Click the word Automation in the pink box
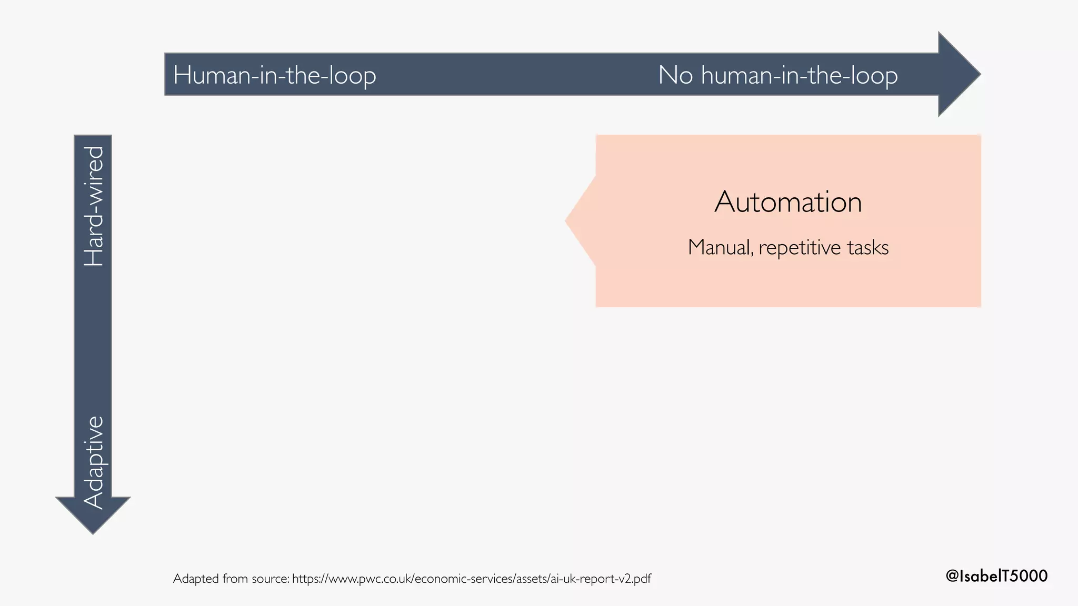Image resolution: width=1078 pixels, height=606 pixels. (788, 202)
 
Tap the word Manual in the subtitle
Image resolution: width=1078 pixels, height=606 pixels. (719, 247)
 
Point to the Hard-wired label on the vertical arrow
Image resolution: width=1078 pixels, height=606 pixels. (94, 206)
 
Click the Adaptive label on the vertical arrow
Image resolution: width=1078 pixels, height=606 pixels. (94, 462)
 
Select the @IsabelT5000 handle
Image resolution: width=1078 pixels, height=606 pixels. (996, 575)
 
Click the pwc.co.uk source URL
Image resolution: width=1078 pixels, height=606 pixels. (471, 579)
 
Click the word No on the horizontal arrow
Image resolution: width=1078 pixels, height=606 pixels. (675, 75)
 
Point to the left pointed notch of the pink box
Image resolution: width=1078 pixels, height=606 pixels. (576, 221)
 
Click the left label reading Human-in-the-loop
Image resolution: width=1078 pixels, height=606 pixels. (274, 75)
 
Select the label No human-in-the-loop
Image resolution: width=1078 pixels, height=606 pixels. (777, 75)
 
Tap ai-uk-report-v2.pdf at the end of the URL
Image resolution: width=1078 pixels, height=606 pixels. (600, 579)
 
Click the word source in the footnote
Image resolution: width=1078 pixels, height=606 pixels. (270, 579)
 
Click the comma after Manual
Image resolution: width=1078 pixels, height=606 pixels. (753, 254)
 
